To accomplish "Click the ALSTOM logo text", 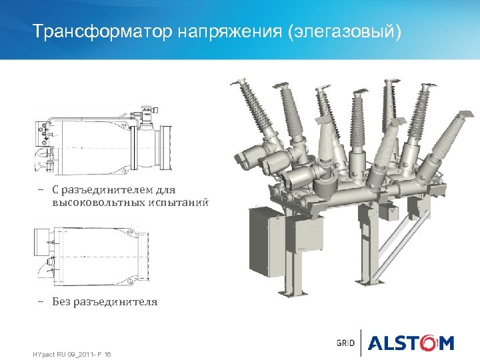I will click(x=411, y=343).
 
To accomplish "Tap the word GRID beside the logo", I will click(x=345, y=343).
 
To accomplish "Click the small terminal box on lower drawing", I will click(x=41, y=237).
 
